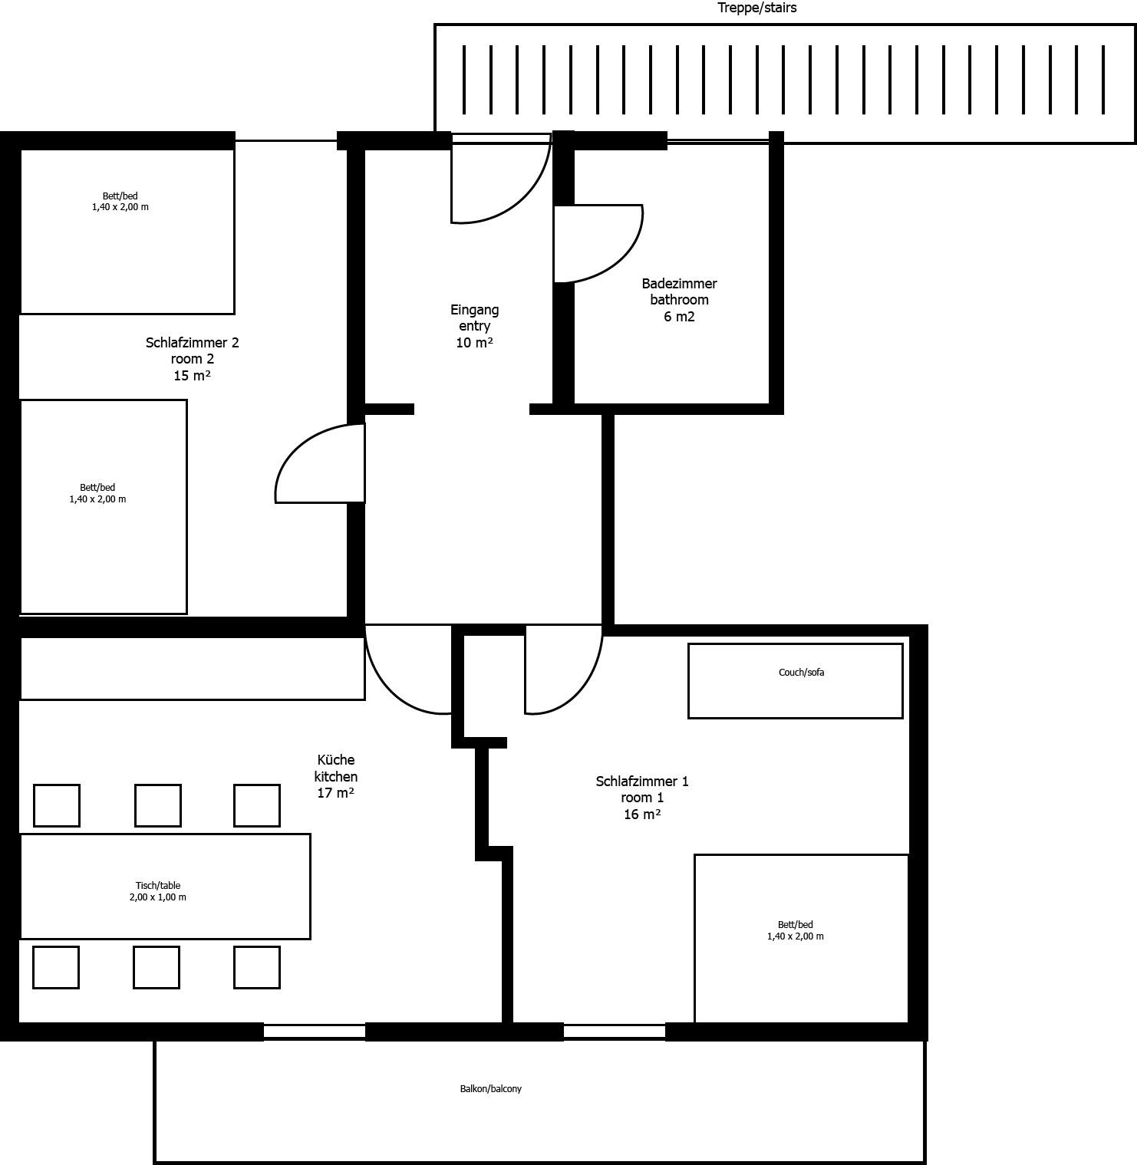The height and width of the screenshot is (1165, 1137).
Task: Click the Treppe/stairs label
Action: pos(756,8)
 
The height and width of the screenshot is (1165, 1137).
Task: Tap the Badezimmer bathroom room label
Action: pos(679,300)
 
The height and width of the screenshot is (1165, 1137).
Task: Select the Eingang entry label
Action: pos(474,326)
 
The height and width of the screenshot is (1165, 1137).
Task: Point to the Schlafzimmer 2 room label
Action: pos(193,359)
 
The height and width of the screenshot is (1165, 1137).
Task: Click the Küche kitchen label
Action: pos(336,776)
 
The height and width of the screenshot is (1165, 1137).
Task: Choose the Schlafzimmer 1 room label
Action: pos(642,798)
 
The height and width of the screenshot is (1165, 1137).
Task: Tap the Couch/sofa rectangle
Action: pos(796,681)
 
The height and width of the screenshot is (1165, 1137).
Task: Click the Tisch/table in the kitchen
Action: pos(165,887)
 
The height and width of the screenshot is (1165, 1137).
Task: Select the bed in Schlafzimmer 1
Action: pos(802,939)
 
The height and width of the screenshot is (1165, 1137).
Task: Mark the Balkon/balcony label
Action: pos(491,1089)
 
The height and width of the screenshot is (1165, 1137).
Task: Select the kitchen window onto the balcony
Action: pos(315,1032)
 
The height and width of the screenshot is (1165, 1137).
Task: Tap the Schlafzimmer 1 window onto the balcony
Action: pos(615,1032)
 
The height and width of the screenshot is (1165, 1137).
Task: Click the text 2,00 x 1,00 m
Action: pos(158,897)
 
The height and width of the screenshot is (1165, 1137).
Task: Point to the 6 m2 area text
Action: pos(679,317)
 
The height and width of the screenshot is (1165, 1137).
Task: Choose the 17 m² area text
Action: pos(336,793)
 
